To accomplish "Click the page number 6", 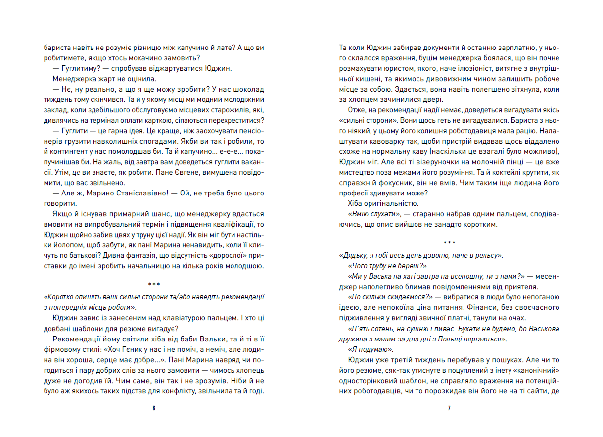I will coord(154,409).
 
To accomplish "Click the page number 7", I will coord(449,409).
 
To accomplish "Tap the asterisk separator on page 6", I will coord(154,285).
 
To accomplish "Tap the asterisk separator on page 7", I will coord(449,243).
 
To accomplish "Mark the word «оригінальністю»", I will coord(390,203).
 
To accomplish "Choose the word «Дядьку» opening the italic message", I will coord(355,255).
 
